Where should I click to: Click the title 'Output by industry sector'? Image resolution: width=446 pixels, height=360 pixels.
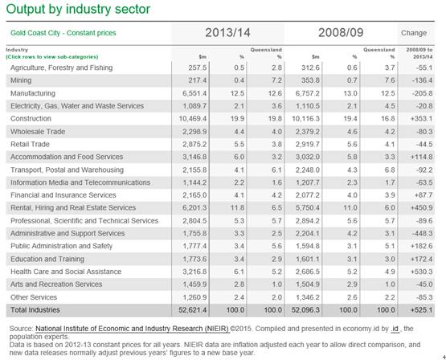tap(78, 10)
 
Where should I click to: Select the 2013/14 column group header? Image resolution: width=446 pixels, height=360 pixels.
tap(227, 33)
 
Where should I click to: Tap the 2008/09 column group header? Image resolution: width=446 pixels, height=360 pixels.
tap(341, 33)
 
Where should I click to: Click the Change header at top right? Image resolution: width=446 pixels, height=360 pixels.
tap(414, 33)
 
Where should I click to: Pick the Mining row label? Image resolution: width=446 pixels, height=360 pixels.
tap(21, 80)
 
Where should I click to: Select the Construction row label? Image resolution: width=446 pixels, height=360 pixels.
tap(31, 119)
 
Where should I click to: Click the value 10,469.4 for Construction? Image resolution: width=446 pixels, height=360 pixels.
tap(193, 119)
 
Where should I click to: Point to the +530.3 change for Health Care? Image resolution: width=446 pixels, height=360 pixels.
tap(421, 272)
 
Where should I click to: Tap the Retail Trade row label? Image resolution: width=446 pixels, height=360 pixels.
tap(30, 144)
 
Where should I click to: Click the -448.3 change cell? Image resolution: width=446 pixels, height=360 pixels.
tap(422, 234)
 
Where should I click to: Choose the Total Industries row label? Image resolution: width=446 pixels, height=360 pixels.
tap(35, 310)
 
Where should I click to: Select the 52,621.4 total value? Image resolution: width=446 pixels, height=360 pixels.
tap(193, 310)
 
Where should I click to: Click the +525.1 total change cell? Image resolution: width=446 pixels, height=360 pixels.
tap(421, 310)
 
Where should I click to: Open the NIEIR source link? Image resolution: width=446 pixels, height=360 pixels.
tap(132, 329)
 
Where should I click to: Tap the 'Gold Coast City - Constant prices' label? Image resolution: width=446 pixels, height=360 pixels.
tap(63, 33)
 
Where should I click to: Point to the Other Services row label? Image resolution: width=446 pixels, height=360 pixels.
tap(34, 297)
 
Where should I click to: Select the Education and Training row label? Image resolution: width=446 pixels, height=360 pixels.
tap(47, 259)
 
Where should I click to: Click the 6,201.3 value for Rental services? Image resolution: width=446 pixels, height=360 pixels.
tap(194, 208)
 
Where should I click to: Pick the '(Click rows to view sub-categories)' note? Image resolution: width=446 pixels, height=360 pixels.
tap(52, 57)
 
